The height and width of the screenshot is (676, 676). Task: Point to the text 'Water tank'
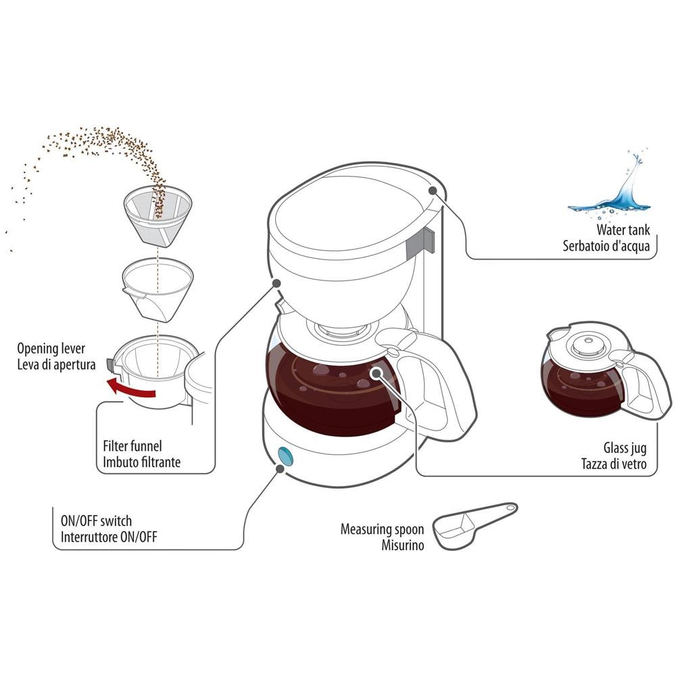point(623,231)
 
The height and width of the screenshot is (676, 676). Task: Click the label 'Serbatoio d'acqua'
point(606,246)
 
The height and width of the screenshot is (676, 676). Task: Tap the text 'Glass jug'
point(626,448)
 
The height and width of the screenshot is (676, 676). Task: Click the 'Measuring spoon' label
point(382,529)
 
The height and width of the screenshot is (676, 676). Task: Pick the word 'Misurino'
point(402,545)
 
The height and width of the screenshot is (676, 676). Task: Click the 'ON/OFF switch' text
point(96,521)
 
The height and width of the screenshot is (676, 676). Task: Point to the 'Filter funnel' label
point(132,447)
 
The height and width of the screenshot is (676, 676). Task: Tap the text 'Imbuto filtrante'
point(141,463)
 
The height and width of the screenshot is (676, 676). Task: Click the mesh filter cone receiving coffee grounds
point(158,214)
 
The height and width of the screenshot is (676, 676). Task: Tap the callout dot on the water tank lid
point(431,191)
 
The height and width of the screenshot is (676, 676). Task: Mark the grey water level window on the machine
point(426,240)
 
